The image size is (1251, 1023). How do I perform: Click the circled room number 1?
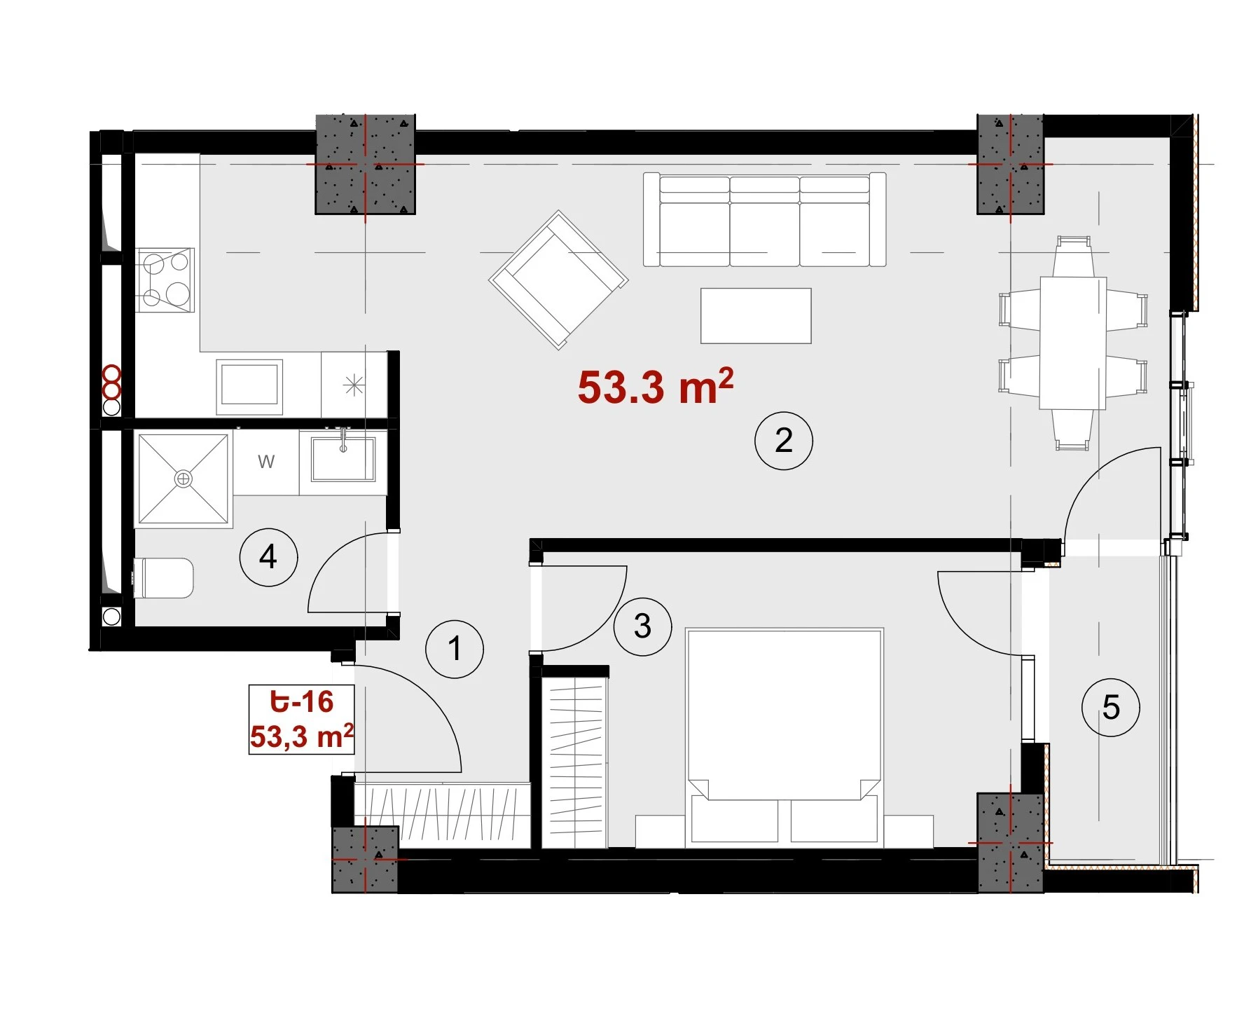pos(455,649)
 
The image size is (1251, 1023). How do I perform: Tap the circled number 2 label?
pos(784,440)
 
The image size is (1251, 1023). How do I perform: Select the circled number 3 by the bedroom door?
pos(642,626)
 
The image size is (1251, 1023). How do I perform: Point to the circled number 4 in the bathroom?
pos(268,558)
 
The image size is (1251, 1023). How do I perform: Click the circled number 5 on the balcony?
pos(1111,707)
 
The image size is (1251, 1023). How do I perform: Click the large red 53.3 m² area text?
pos(656,386)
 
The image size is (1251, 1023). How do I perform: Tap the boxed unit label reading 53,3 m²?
pos(301,736)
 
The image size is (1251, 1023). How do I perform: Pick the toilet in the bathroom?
pos(163,578)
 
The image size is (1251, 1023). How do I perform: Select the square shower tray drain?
pos(184,479)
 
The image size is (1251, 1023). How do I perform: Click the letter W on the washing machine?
pos(266,462)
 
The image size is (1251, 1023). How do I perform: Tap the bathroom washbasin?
pos(343,458)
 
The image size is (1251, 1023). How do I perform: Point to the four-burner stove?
pos(166,280)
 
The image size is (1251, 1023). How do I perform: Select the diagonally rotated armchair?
pos(558,280)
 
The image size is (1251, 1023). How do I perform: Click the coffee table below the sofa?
pos(756,315)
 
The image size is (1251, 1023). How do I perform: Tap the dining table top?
pos(1072,343)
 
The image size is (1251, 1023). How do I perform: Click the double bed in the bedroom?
pos(785,736)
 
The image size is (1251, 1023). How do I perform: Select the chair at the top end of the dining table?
pos(1074,256)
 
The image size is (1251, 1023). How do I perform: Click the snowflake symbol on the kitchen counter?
pos(354,385)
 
